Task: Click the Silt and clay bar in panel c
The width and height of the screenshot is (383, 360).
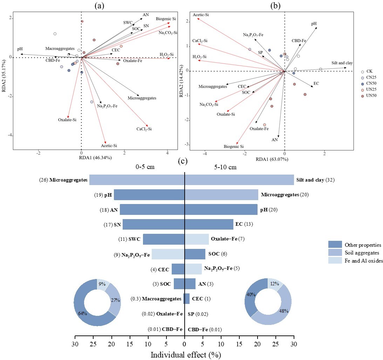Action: [239, 180]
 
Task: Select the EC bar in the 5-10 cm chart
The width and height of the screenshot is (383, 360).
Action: [209, 224]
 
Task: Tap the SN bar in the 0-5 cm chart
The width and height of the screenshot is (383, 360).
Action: [153, 224]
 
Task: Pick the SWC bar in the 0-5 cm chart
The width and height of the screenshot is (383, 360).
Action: [164, 239]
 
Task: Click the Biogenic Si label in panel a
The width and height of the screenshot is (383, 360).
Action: [166, 19]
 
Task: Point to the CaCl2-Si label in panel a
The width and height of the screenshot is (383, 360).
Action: [144, 129]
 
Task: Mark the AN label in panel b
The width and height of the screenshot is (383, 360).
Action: [275, 140]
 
